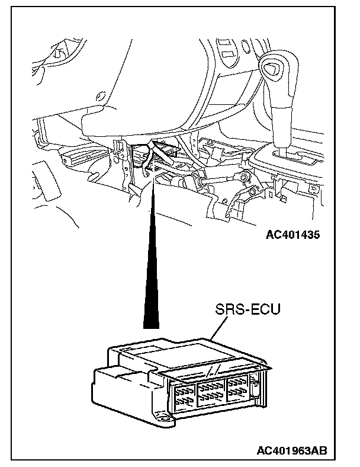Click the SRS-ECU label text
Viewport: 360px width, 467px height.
(x=247, y=309)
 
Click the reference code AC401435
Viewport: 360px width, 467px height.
(x=292, y=235)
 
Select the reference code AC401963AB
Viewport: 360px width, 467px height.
(x=292, y=450)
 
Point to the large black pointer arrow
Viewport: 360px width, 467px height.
(x=152, y=253)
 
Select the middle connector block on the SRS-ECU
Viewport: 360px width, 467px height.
(x=211, y=393)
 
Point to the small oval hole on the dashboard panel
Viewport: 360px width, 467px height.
(x=100, y=95)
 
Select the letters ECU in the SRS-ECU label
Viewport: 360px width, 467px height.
(x=265, y=309)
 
